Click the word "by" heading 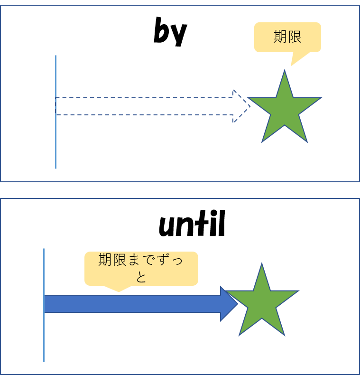coord(170,31)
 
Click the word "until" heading coord(192,224)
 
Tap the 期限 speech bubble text coord(287,37)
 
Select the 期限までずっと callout coord(141,268)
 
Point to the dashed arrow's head coord(241,106)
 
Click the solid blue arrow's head coord(229,304)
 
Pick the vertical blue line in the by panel coord(55,112)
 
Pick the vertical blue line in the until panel coord(44,305)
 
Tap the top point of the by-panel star coord(285,70)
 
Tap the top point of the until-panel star coord(262,263)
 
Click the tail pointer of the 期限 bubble coord(291,66)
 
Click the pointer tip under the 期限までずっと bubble coord(119,291)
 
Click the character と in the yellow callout coord(141,277)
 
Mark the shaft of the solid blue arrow coord(132,304)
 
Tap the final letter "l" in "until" coord(222,223)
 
